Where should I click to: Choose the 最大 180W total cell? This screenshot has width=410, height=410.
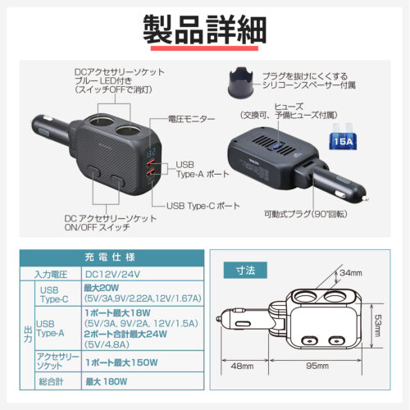(109, 382)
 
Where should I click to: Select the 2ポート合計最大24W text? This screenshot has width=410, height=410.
(124, 335)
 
